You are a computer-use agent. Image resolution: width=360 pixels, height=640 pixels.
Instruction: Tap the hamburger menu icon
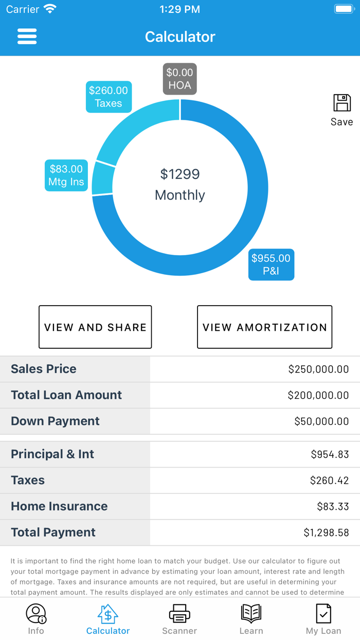27,37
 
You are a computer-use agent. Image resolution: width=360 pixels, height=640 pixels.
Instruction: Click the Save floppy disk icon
342,103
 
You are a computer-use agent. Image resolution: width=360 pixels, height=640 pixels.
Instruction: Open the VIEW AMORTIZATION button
264,327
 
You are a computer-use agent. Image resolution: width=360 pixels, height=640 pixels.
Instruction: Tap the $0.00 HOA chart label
179,79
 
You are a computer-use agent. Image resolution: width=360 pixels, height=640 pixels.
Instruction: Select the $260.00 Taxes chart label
109,97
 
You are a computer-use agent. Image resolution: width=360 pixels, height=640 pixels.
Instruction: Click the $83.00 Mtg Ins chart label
66,175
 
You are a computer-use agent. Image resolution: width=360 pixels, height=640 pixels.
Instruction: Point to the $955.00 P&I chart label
271,264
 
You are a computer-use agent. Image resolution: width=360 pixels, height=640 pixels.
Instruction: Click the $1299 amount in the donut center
179,174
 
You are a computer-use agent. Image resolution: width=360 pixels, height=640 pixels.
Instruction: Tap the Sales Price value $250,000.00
318,369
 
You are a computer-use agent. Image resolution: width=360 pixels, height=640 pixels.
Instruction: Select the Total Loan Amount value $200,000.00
318,395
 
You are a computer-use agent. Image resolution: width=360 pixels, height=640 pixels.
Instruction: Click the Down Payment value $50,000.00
321,421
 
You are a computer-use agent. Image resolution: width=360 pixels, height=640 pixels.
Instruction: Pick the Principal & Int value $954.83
330,454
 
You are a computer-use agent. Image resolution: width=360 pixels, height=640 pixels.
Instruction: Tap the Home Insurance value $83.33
333,506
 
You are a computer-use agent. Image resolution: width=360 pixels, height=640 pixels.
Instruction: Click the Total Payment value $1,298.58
326,532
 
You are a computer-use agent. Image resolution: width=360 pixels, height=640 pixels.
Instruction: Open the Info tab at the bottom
36,619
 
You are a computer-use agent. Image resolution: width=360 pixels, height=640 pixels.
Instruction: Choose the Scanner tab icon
179,614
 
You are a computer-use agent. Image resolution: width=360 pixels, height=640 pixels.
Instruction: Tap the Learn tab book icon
251,614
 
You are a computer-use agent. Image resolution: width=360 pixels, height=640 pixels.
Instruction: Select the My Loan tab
323,619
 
